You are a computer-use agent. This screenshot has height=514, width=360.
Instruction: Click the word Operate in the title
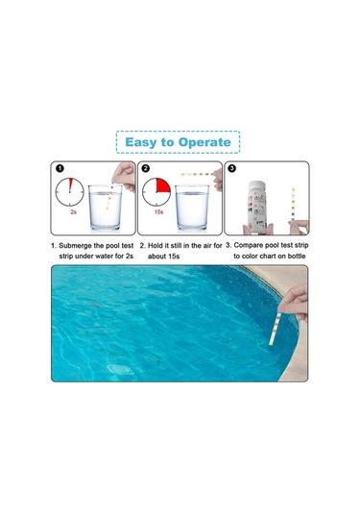point(204,142)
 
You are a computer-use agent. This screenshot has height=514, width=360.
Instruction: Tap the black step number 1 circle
point(60,168)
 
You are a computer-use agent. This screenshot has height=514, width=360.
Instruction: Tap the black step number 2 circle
point(146,168)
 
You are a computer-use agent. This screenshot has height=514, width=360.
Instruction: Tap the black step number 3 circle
point(231,168)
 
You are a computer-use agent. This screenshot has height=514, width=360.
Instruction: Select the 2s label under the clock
point(73,211)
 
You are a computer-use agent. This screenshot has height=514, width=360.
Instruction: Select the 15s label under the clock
point(158,211)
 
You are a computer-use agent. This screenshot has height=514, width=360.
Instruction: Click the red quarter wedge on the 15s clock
point(162,186)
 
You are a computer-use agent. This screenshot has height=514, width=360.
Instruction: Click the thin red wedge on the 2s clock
point(70,184)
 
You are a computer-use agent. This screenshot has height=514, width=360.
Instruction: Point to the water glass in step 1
point(106,208)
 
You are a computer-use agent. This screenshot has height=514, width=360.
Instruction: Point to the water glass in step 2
point(192,208)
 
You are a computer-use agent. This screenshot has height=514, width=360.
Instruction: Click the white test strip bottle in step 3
point(257,207)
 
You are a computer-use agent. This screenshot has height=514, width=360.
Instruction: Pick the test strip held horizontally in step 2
point(197,174)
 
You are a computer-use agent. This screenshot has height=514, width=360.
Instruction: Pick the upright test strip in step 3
point(293,206)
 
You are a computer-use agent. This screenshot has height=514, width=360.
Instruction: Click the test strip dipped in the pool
point(275,329)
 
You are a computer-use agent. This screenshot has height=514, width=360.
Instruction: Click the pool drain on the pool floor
point(121,370)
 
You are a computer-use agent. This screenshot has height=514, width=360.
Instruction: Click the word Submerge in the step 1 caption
point(75,246)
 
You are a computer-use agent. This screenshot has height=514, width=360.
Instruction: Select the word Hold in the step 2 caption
point(156,246)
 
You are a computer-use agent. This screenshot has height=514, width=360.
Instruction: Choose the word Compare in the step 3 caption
point(249,246)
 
